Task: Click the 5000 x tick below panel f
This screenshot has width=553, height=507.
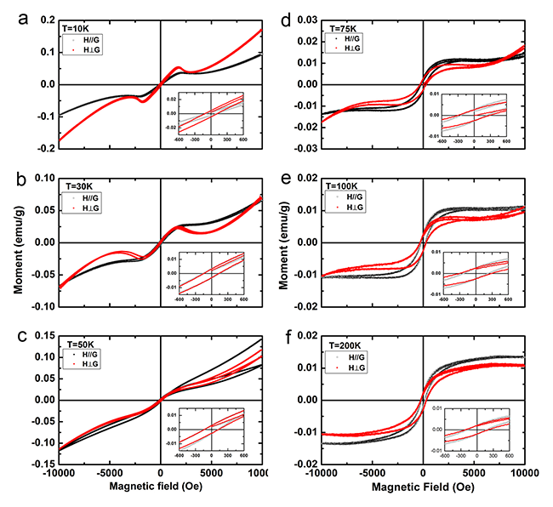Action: [474, 472]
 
